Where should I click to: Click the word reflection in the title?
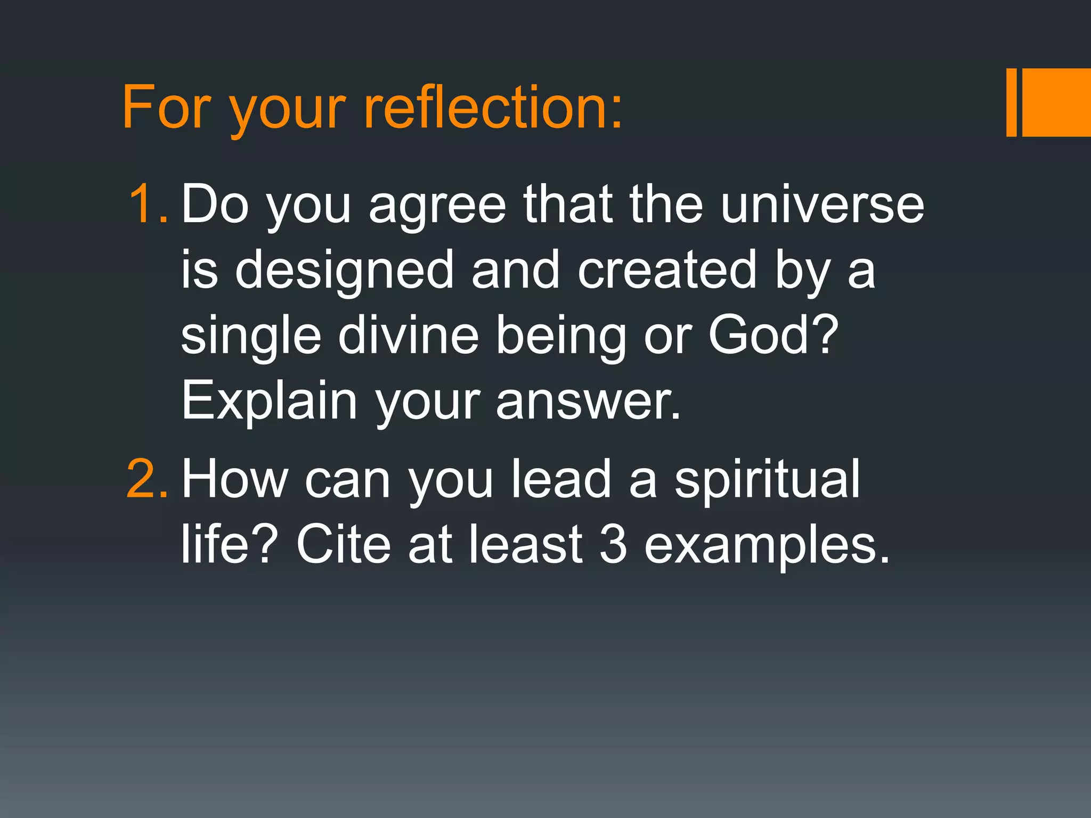(493, 108)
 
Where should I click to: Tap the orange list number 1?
(148, 204)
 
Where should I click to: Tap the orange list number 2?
(146, 479)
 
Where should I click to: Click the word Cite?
(344, 544)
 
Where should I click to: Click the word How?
(234, 479)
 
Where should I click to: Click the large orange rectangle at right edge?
(1057, 102)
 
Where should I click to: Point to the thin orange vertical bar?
(1011, 102)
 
